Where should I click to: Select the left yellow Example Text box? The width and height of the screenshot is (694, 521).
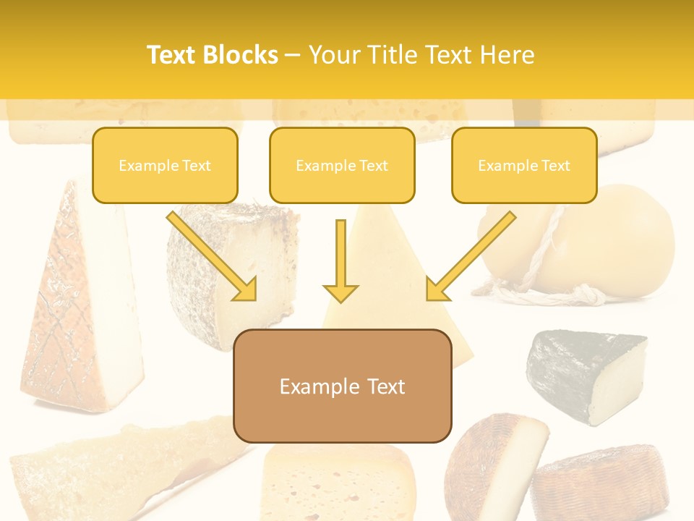(165, 165)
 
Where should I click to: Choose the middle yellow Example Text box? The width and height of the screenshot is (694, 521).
(342, 165)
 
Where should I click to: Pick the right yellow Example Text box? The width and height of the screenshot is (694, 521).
(524, 165)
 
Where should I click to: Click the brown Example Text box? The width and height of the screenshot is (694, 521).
(343, 386)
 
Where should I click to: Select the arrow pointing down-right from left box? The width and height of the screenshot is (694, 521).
(213, 256)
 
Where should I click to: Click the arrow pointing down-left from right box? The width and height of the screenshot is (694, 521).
(470, 256)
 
